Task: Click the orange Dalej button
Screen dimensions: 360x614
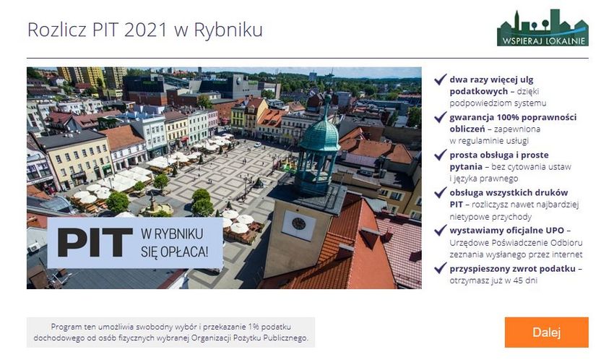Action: pyautogui.click(x=546, y=333)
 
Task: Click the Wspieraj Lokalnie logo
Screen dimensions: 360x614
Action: pyautogui.click(x=542, y=28)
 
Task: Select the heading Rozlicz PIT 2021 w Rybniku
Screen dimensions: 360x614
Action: pyautogui.click(x=144, y=30)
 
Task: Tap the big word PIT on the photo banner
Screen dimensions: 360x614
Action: pyautogui.click(x=95, y=242)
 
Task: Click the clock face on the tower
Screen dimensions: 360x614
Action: pyautogui.click(x=298, y=225)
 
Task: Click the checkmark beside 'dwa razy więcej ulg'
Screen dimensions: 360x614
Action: pyautogui.click(x=440, y=80)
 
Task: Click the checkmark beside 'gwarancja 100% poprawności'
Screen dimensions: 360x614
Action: pyautogui.click(x=440, y=117)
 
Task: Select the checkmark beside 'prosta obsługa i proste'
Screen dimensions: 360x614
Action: pyautogui.click(x=440, y=155)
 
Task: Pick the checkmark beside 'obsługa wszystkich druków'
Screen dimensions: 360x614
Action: pyautogui.click(x=440, y=193)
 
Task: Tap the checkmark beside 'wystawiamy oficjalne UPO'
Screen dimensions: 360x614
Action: pyautogui.click(x=440, y=231)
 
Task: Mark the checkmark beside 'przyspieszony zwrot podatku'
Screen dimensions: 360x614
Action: pyautogui.click(x=440, y=269)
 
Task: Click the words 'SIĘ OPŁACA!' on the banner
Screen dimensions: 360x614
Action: pyautogui.click(x=174, y=252)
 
